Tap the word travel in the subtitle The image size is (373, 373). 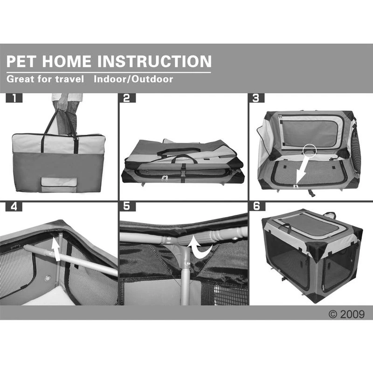point(70,79)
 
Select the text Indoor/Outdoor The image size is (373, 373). point(133,79)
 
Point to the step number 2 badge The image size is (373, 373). point(127,98)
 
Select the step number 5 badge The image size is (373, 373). point(127,206)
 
